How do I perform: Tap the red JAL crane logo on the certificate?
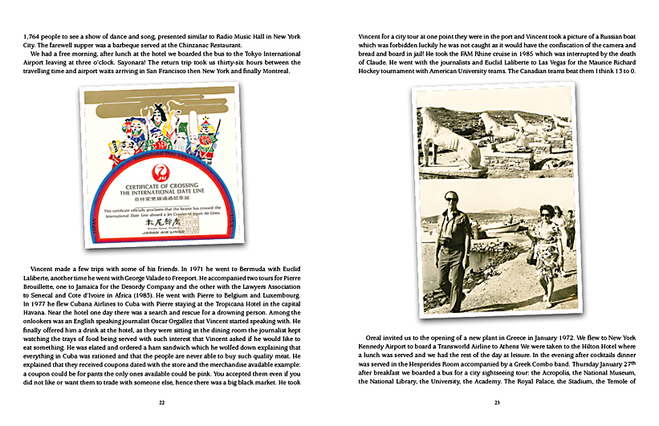click(160, 172)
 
